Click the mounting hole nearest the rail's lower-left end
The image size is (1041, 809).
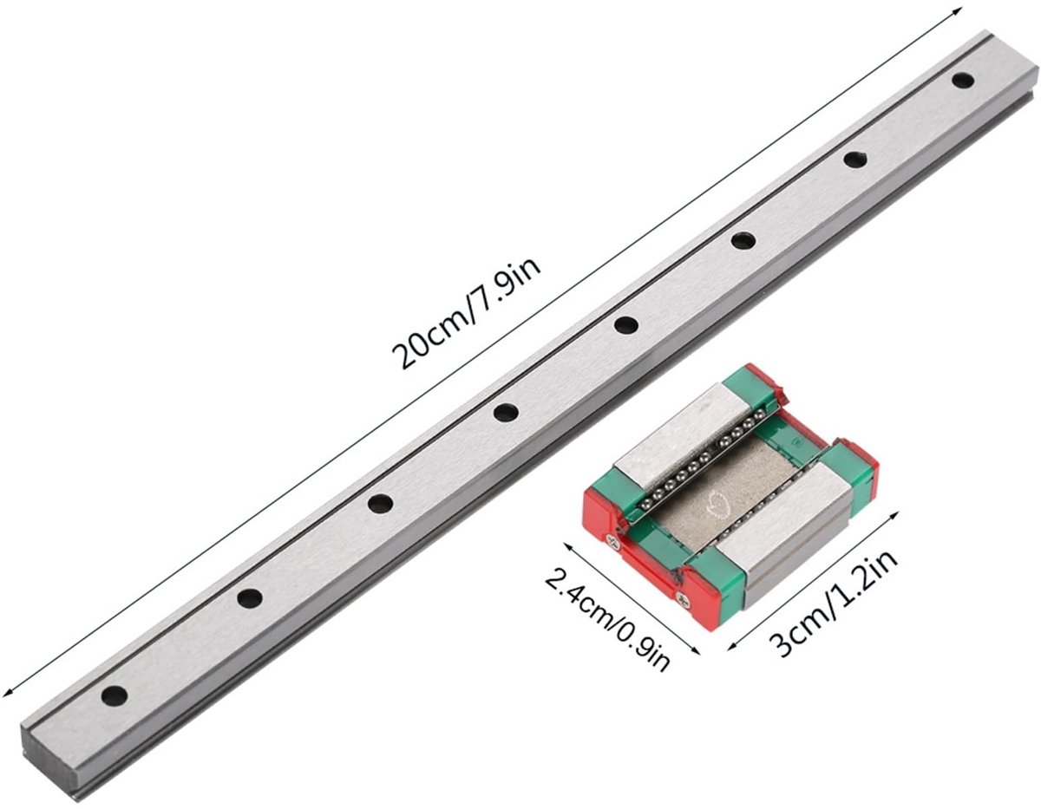pyautogui.click(x=115, y=695)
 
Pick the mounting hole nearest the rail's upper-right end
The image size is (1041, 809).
pyautogui.click(x=963, y=80)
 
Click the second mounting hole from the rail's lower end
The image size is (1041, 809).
pyautogui.click(x=250, y=598)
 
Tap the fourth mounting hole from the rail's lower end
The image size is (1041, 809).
pyautogui.click(x=506, y=412)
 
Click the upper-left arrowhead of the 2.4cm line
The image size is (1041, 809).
pyautogui.click(x=568, y=547)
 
